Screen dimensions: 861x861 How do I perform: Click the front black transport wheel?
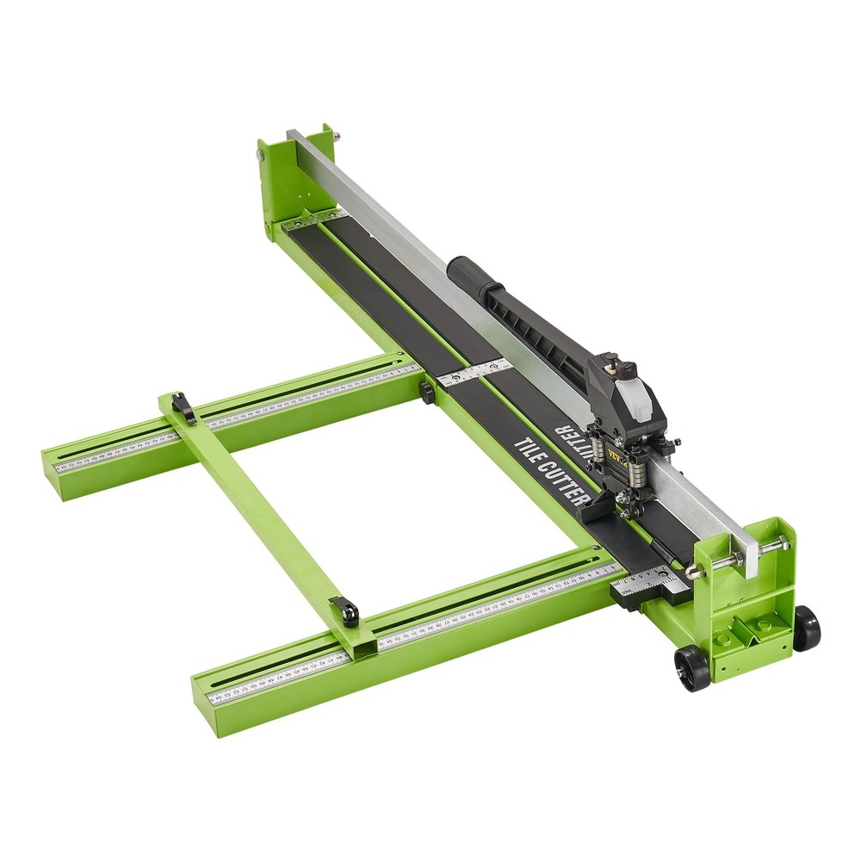coord(691,667)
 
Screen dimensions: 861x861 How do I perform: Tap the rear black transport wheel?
coord(806,628)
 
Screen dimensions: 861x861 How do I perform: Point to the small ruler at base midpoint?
coord(474,372)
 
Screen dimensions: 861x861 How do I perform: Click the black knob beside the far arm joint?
coord(426,392)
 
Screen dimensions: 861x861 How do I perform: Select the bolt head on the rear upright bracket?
coord(259,155)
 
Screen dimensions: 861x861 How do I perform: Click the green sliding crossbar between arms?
coord(258,508)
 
